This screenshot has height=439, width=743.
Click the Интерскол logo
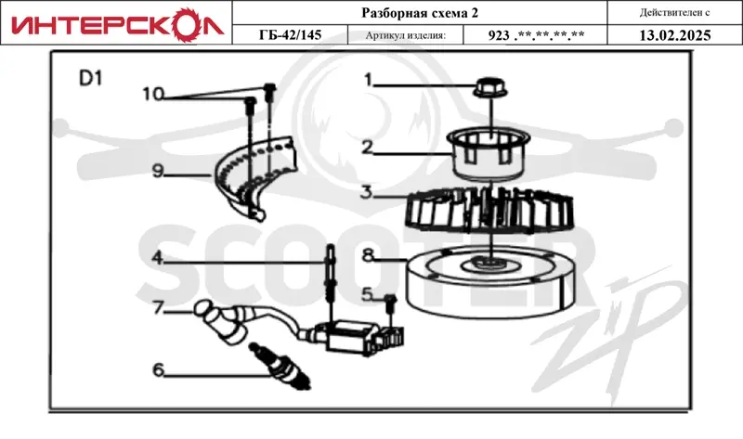tap(117, 25)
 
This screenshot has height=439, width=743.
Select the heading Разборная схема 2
tap(420, 13)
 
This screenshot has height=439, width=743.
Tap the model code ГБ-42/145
tap(290, 35)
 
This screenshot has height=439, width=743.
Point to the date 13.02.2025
tap(675, 35)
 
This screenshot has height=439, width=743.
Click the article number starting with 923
tap(536, 35)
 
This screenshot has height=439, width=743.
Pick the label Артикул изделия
tap(406, 35)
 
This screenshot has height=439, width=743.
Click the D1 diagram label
tap(90, 79)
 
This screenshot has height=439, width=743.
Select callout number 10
tap(153, 94)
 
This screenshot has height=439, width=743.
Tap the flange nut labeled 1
tap(490, 87)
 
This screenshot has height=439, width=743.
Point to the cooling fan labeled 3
tap(489, 212)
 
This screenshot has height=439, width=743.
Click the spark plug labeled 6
tap(280, 366)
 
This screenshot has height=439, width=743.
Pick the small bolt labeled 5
tap(390, 303)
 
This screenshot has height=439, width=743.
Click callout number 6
tap(158, 369)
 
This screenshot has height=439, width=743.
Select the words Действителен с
tap(674, 13)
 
